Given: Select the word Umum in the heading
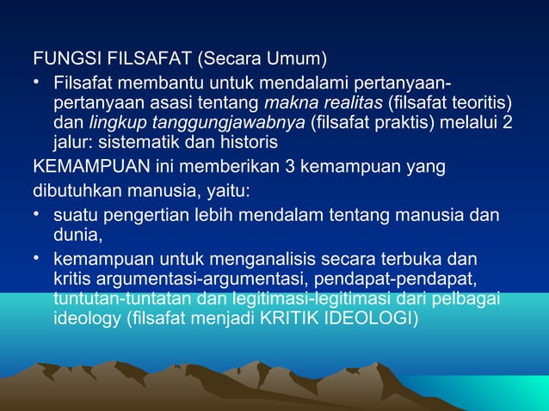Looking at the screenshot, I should pyautogui.click(x=296, y=61).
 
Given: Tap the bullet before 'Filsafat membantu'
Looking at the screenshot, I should pyautogui.click(x=39, y=83).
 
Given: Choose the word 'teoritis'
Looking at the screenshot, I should pyautogui.click(x=482, y=104).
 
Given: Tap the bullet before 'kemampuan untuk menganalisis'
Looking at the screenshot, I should pyautogui.click(x=39, y=256).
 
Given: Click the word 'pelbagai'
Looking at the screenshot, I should pyautogui.click(x=472, y=298).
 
